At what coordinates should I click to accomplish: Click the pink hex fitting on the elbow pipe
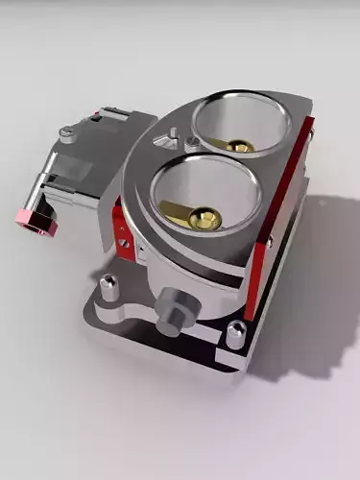click(36, 221)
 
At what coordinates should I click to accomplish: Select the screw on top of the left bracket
click(65, 132)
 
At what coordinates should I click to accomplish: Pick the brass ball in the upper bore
click(241, 146)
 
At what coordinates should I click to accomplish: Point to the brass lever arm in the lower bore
click(180, 208)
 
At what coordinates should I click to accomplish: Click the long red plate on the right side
click(278, 221)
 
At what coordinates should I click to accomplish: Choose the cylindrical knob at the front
click(173, 309)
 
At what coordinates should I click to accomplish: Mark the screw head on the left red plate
click(124, 242)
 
